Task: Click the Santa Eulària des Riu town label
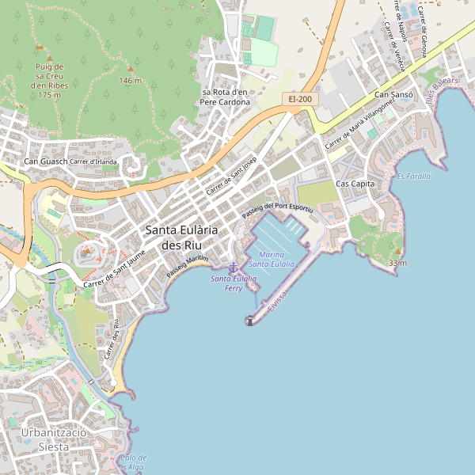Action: tap(182, 237)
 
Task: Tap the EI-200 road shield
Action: tap(299, 99)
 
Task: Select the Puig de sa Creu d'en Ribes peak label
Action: tap(49, 79)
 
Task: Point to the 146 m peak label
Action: tap(130, 80)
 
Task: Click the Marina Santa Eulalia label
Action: tap(272, 259)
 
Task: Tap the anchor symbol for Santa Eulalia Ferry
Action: tap(233, 268)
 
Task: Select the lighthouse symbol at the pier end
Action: tap(250, 321)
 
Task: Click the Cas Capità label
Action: tap(355, 184)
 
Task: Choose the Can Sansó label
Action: tap(393, 95)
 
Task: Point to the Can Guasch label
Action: tap(45, 162)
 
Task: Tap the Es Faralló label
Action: tap(413, 176)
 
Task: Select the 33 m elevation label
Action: tap(397, 263)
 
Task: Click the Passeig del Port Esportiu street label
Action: tap(278, 207)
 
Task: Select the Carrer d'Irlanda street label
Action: tap(93, 161)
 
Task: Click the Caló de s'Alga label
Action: tap(132, 463)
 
